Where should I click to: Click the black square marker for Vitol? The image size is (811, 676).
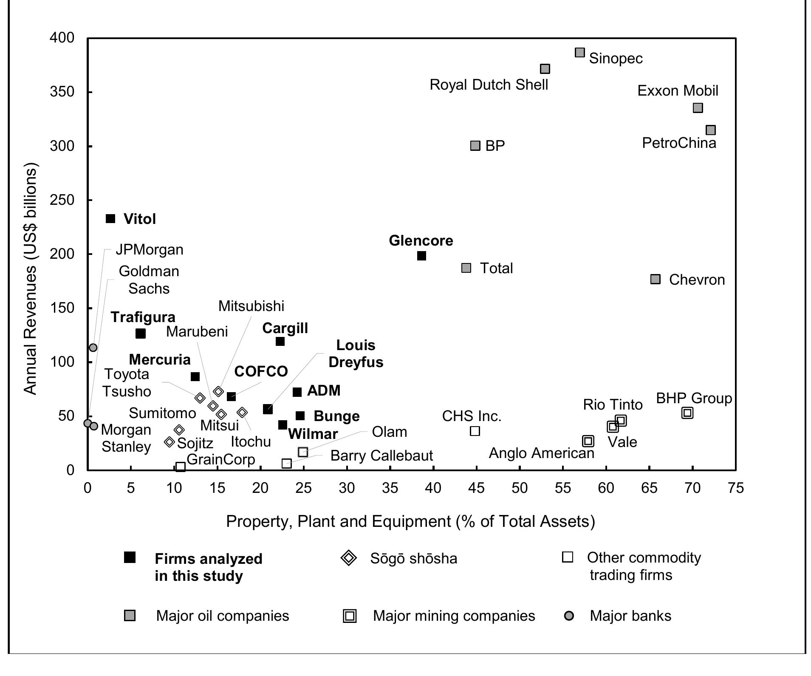pos(110,219)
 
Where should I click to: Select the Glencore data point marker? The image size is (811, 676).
pos(421,256)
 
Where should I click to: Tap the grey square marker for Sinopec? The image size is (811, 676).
pos(580,53)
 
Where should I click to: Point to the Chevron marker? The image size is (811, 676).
pos(656,279)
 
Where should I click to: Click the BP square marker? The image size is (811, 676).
pos(475,146)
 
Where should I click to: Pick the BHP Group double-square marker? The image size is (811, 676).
pos(687,413)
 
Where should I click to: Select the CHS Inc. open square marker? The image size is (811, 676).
pos(475,431)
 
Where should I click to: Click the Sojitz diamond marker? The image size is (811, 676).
pos(170,442)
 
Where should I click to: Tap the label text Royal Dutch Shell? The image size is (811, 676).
pos(489,85)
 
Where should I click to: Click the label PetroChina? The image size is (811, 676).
pos(679,143)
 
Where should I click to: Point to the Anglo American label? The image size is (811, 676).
pos(541,453)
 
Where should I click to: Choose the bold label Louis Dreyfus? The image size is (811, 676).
pos(356,354)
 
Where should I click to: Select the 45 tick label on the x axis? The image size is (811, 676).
pos(476,488)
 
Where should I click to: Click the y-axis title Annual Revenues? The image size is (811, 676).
pos(31,279)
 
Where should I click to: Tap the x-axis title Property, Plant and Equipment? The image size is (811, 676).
pos(410,521)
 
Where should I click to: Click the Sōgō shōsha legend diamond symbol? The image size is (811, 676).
pos(349,558)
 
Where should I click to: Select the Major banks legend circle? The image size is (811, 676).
pos(569,616)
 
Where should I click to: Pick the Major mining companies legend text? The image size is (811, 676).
pos(454,616)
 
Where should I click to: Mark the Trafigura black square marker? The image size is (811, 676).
pos(141,334)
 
